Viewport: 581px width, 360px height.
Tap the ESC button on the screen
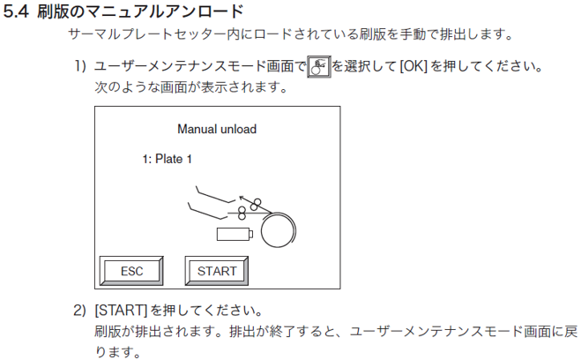pyautogui.click(x=131, y=271)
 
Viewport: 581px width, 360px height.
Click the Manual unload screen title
pyautogui.click(x=217, y=129)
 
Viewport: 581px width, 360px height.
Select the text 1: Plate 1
pyautogui.click(x=167, y=159)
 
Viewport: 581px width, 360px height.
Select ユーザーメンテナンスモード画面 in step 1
pyautogui.click(x=198, y=67)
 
